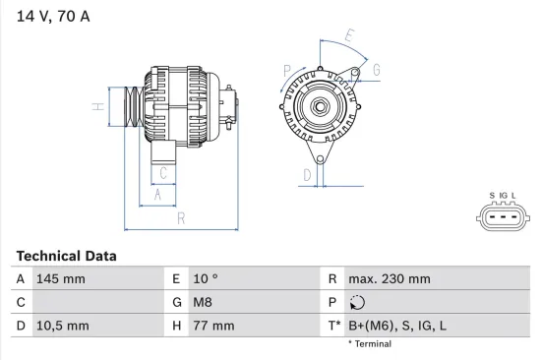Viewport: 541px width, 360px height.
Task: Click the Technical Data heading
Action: pos(66,256)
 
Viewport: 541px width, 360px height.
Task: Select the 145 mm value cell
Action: pos(60,279)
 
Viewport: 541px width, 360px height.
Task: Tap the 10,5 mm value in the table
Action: pos(62,326)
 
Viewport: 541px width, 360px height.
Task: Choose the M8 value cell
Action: pos(203,303)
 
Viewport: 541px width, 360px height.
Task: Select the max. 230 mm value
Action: pos(391,279)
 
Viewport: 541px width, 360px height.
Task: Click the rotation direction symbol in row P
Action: pos(357,303)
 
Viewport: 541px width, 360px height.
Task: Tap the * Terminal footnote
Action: pos(369,344)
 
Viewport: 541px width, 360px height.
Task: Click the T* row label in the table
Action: pos(333,326)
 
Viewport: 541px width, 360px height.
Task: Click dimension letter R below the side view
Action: pos(182,218)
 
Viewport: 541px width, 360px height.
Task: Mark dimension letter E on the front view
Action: pos(350,36)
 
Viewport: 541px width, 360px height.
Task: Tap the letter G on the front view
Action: pos(376,70)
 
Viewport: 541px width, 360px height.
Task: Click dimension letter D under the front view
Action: pos(308,175)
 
